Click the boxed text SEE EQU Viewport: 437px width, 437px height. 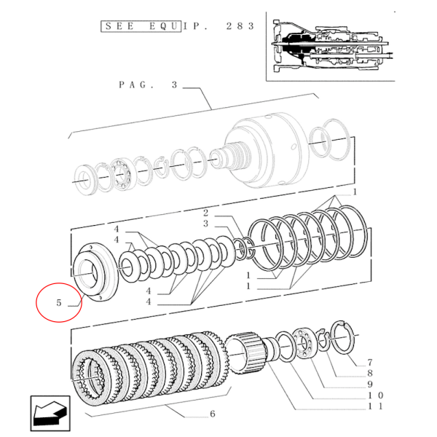point(141,26)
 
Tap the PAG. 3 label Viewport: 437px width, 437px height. point(148,85)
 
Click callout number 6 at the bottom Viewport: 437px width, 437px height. point(212,414)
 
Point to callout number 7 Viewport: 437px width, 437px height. point(370,362)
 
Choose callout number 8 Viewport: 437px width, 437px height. point(370,372)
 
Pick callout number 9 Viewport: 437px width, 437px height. point(370,384)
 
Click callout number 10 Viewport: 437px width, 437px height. point(374,395)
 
